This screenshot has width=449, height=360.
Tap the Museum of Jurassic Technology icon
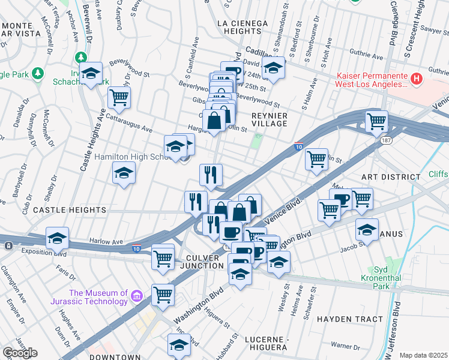point(136,296)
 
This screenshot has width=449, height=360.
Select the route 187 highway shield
point(384,140)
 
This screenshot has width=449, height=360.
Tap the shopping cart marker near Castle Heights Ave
point(119,97)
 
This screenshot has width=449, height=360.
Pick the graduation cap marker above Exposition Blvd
point(57,237)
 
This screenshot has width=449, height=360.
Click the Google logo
point(20,353)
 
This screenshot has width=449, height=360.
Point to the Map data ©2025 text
point(423,355)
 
